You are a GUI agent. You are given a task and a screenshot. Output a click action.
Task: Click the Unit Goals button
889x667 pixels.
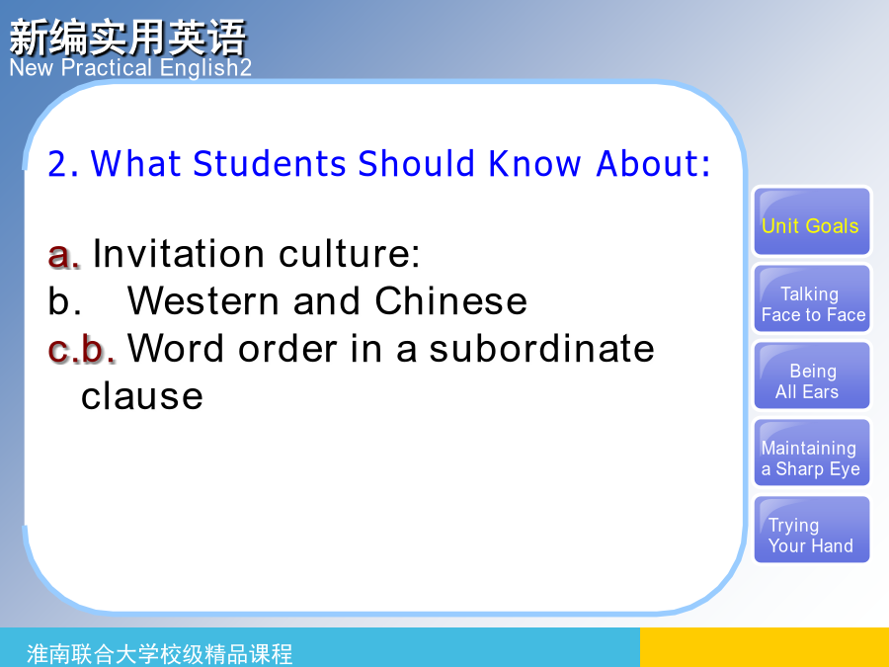(811, 221)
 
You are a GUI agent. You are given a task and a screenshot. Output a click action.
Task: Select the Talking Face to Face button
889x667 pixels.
(811, 298)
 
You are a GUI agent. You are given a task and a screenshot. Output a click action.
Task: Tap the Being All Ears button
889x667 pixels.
(811, 375)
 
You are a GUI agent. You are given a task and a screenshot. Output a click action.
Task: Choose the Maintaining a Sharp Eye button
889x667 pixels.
(811, 453)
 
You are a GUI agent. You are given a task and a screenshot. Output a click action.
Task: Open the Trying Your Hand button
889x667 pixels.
(811, 530)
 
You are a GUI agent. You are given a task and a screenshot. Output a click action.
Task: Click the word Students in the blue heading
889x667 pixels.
(270, 164)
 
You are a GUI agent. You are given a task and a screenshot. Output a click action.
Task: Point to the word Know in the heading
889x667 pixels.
(534, 164)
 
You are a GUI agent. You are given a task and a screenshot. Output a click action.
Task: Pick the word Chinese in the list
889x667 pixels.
(451, 300)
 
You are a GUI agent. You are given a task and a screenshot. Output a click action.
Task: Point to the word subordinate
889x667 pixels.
(541, 348)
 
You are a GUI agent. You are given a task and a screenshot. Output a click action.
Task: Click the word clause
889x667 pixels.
(141, 396)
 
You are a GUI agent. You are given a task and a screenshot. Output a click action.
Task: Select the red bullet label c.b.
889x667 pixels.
(82, 349)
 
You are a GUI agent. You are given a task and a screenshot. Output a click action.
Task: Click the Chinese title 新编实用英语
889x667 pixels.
(128, 38)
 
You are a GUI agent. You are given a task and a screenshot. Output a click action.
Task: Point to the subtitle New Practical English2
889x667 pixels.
(130, 67)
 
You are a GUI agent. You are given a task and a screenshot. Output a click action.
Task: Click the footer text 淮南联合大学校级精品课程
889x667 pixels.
(160, 654)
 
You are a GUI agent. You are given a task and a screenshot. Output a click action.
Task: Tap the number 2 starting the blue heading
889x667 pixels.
(58, 164)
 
